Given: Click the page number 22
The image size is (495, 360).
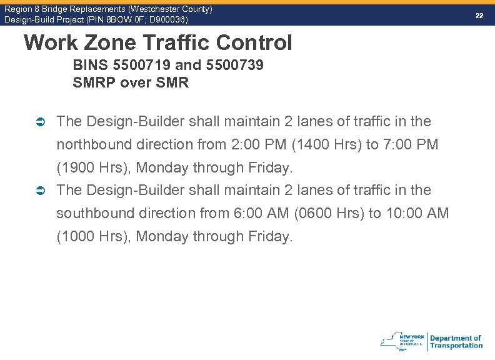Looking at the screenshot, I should (479, 15).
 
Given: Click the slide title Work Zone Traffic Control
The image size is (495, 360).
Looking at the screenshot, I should (157, 42).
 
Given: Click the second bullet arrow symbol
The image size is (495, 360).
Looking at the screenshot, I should (40, 190).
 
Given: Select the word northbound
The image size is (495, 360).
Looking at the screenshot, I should (92, 144).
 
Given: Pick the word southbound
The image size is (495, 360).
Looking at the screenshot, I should (92, 213).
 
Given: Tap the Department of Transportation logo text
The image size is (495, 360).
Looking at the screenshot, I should (456, 342).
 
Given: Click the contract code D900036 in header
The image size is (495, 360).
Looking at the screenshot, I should (164, 19).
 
